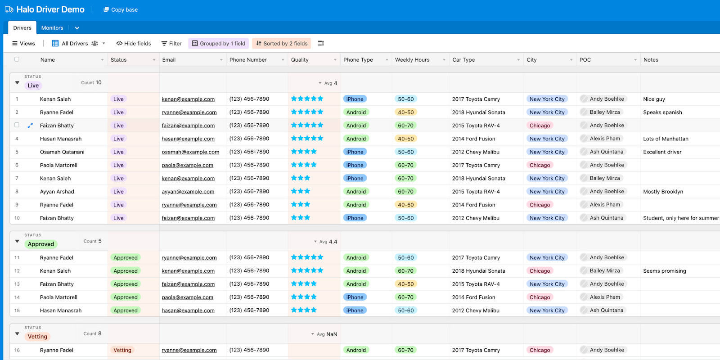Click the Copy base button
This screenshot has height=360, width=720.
pyautogui.click(x=121, y=9)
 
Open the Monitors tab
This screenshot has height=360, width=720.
pyautogui.click(x=52, y=28)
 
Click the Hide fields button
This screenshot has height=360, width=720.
pyautogui.click(x=134, y=44)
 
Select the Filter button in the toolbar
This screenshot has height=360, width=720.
pyautogui.click(x=171, y=44)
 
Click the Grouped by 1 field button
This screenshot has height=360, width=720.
pyautogui.click(x=219, y=44)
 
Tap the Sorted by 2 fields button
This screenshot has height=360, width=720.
pyautogui.click(x=282, y=44)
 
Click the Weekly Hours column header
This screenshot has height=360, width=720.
pyautogui.click(x=412, y=60)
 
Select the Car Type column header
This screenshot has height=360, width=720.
pyautogui.click(x=463, y=60)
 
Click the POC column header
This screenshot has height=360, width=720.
pyautogui.click(x=585, y=60)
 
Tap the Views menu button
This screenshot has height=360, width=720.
pyautogui.click(x=23, y=44)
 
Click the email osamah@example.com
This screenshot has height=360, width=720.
pyautogui.click(x=190, y=152)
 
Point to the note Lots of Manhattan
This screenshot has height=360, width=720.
pyautogui.click(x=666, y=139)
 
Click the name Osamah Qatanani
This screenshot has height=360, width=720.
pyautogui.click(x=62, y=152)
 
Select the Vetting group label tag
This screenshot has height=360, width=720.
pyautogui.click(x=37, y=337)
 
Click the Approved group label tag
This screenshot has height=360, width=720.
pyautogui.click(x=41, y=244)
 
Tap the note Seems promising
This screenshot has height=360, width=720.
pyautogui.click(x=665, y=271)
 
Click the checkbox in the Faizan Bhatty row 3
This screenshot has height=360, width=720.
pyautogui.click(x=17, y=125)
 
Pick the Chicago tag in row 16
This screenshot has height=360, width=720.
pyautogui.click(x=540, y=350)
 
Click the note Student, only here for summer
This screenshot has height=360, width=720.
pyautogui.click(x=681, y=218)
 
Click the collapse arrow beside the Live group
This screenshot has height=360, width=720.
pyautogui.click(x=17, y=83)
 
